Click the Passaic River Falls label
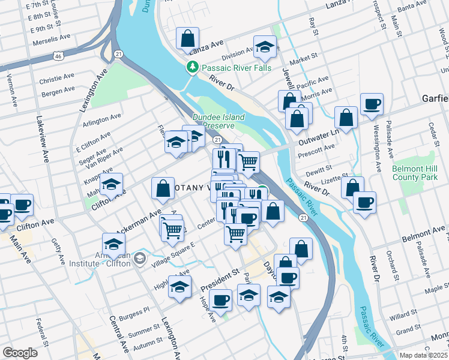point(236,67)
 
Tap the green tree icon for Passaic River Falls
point(193,67)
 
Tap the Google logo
point(20,352)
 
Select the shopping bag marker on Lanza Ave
point(188,38)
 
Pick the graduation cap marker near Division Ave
point(264,47)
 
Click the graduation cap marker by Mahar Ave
point(111,184)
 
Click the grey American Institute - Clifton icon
point(140,258)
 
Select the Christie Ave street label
point(56,79)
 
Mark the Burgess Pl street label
point(134,313)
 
